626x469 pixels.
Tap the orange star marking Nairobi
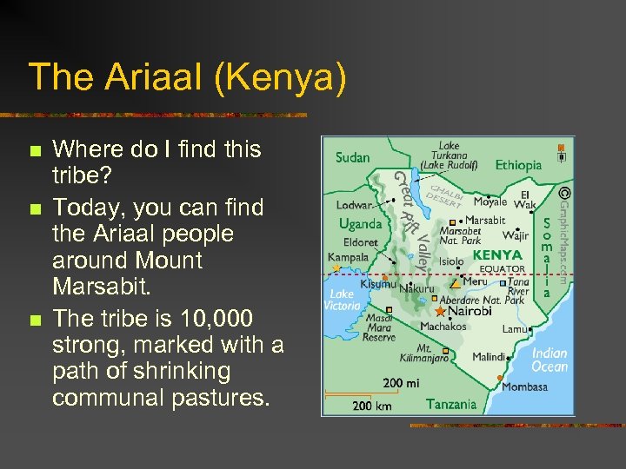coord(441,311)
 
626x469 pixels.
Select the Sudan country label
coord(352,157)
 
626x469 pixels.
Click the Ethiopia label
coord(518,164)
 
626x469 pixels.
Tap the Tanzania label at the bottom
coord(451,404)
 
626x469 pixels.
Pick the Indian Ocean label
coord(549,360)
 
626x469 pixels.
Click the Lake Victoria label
coord(342,300)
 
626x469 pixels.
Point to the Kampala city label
coord(348,257)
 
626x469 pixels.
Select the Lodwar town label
coord(355,206)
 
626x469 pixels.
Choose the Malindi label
coord(489,357)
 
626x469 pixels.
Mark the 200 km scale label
coord(372,405)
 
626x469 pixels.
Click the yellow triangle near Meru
coord(454,283)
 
